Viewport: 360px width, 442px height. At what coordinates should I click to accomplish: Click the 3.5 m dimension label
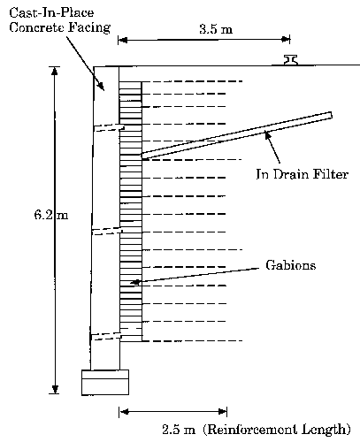216,29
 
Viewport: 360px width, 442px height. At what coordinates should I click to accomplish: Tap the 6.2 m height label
51,215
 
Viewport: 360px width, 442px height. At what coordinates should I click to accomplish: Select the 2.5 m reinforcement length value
179,430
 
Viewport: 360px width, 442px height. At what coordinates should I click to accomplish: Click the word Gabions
291,265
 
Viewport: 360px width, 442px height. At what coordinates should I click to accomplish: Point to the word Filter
331,174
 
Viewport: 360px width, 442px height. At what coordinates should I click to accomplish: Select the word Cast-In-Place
51,12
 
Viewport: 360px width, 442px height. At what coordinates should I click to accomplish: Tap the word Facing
89,27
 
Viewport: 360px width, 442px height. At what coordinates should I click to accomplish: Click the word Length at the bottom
326,430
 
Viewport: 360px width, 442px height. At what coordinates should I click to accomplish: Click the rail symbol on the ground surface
290,59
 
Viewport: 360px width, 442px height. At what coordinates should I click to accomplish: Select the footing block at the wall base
105,382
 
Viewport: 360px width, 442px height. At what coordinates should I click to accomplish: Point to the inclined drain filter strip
237,135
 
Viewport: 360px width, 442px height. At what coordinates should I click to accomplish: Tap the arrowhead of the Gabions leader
134,282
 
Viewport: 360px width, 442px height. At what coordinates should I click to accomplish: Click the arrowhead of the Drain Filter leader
267,135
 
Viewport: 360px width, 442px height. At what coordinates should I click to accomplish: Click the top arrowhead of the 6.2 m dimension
55,72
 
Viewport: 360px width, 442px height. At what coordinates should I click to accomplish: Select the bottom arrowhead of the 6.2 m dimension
55,389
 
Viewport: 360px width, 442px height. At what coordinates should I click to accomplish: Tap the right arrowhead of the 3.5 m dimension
286,40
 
